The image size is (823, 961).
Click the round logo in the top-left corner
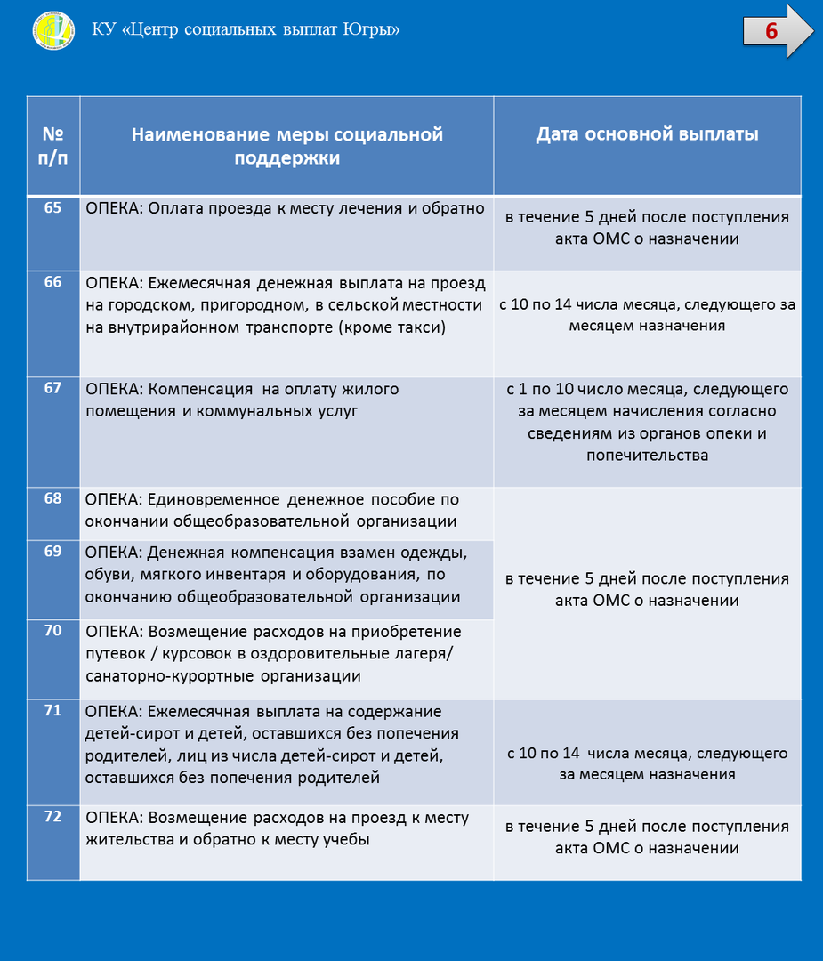(54, 32)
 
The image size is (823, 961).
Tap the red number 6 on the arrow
(771, 31)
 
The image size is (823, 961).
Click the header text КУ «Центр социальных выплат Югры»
(246, 30)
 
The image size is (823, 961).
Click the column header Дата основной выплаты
(647, 134)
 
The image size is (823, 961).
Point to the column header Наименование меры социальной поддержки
(287, 146)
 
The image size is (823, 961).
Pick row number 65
(53, 208)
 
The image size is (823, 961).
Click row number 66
(53, 282)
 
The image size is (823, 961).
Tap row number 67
(53, 388)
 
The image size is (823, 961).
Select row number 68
(53, 498)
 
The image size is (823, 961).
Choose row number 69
(53, 552)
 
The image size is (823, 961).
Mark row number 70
(53, 631)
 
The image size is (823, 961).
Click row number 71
(53, 710)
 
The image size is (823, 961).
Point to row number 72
(53, 817)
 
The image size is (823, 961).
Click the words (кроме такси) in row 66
(391, 327)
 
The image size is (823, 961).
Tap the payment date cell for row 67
(647, 423)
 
